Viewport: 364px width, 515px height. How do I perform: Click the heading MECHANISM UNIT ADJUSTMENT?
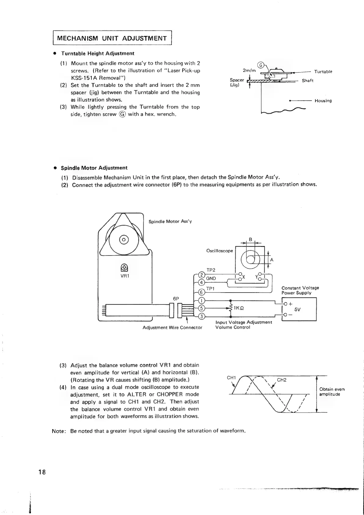[x=112, y=38]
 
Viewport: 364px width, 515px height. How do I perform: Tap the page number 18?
[x=42, y=472]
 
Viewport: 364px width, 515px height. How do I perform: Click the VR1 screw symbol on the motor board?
[x=124, y=268]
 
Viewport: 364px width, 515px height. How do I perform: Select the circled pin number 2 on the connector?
[x=201, y=274]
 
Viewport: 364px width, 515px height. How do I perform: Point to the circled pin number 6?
[x=201, y=292]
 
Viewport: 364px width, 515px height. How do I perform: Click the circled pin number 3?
[x=201, y=316]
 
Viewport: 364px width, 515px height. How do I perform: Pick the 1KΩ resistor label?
[x=238, y=308]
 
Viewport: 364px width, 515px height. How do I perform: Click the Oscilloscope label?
[x=219, y=251]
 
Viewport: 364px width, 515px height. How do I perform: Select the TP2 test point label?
[x=211, y=270]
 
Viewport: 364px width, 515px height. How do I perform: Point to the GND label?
[x=211, y=278]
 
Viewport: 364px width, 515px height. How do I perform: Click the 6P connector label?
[x=176, y=298]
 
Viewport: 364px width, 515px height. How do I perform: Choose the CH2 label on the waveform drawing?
[x=281, y=380]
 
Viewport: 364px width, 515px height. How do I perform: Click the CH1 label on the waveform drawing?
[x=231, y=378]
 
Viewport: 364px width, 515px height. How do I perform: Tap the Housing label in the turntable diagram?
[x=323, y=101]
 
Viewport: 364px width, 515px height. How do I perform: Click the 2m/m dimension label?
[x=249, y=70]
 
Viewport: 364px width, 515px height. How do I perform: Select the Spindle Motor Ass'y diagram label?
[x=170, y=222]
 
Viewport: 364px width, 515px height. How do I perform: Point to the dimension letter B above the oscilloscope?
[x=250, y=240]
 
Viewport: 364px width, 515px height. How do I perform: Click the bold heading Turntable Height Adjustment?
[x=97, y=54]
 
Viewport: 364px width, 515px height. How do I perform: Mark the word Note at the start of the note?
[x=58, y=431]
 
